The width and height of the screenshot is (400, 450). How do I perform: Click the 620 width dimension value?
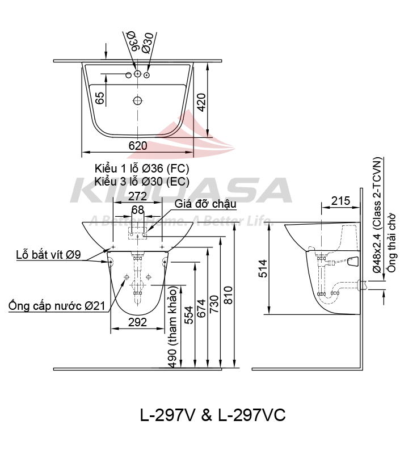(x=137, y=145)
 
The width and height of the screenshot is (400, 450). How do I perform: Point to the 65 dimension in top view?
(x=100, y=98)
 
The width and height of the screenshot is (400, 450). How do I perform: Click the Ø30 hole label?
(x=148, y=42)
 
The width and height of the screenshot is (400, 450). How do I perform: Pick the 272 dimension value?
(x=137, y=196)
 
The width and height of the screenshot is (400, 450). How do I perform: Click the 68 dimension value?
(x=137, y=210)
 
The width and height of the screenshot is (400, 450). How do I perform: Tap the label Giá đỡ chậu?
(x=205, y=204)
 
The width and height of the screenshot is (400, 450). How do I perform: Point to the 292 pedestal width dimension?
(x=137, y=322)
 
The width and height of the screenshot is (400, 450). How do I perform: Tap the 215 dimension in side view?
(x=339, y=200)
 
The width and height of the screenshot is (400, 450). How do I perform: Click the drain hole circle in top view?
(x=137, y=101)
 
